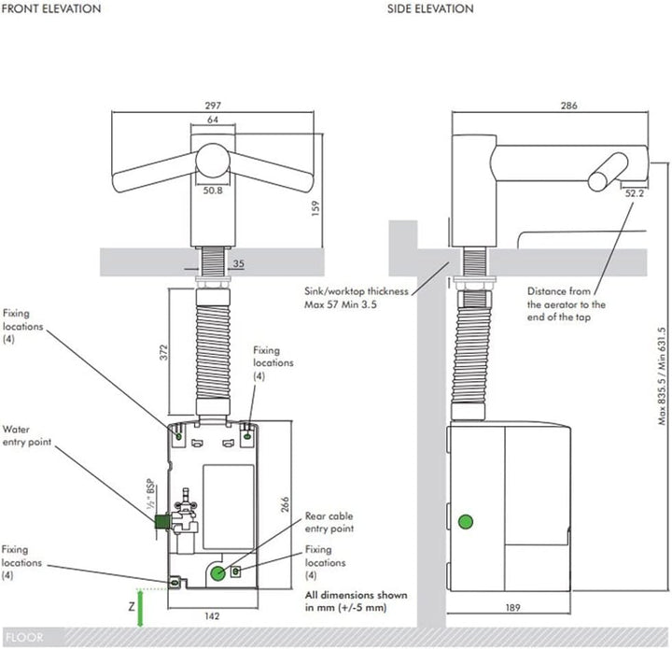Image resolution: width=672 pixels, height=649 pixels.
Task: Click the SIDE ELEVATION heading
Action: click(x=430, y=8)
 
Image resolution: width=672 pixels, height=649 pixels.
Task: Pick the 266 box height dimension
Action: click(x=284, y=505)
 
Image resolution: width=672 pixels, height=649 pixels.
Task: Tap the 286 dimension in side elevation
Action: click(x=568, y=106)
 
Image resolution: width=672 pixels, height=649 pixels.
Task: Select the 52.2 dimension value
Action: click(x=635, y=194)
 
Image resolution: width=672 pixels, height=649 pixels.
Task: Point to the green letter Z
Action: click(x=133, y=606)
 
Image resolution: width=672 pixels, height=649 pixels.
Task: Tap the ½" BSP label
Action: click(x=148, y=493)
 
